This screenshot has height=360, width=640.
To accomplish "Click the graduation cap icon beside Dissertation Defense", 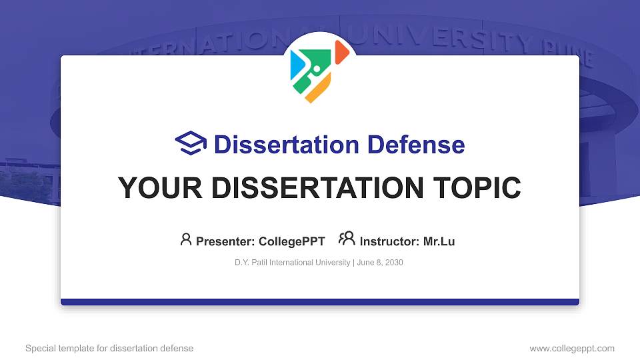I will (191, 143).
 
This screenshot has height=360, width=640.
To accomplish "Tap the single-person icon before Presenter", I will (186, 239).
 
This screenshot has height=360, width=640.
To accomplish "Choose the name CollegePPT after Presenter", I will (292, 241).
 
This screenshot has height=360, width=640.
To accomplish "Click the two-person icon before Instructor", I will (347, 239).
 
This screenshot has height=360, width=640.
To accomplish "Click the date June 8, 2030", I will (379, 263).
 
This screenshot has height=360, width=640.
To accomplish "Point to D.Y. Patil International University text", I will (292, 263).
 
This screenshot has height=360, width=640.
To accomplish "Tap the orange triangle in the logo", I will (341, 52).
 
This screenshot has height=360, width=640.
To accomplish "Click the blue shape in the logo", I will (298, 65).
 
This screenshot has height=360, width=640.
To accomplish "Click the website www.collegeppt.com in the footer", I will (571, 348).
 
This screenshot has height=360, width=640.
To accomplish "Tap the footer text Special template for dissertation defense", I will (109, 348).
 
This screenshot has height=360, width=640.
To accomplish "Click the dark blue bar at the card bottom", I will (320, 302).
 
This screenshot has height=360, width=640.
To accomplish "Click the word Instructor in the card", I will (390, 241).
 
